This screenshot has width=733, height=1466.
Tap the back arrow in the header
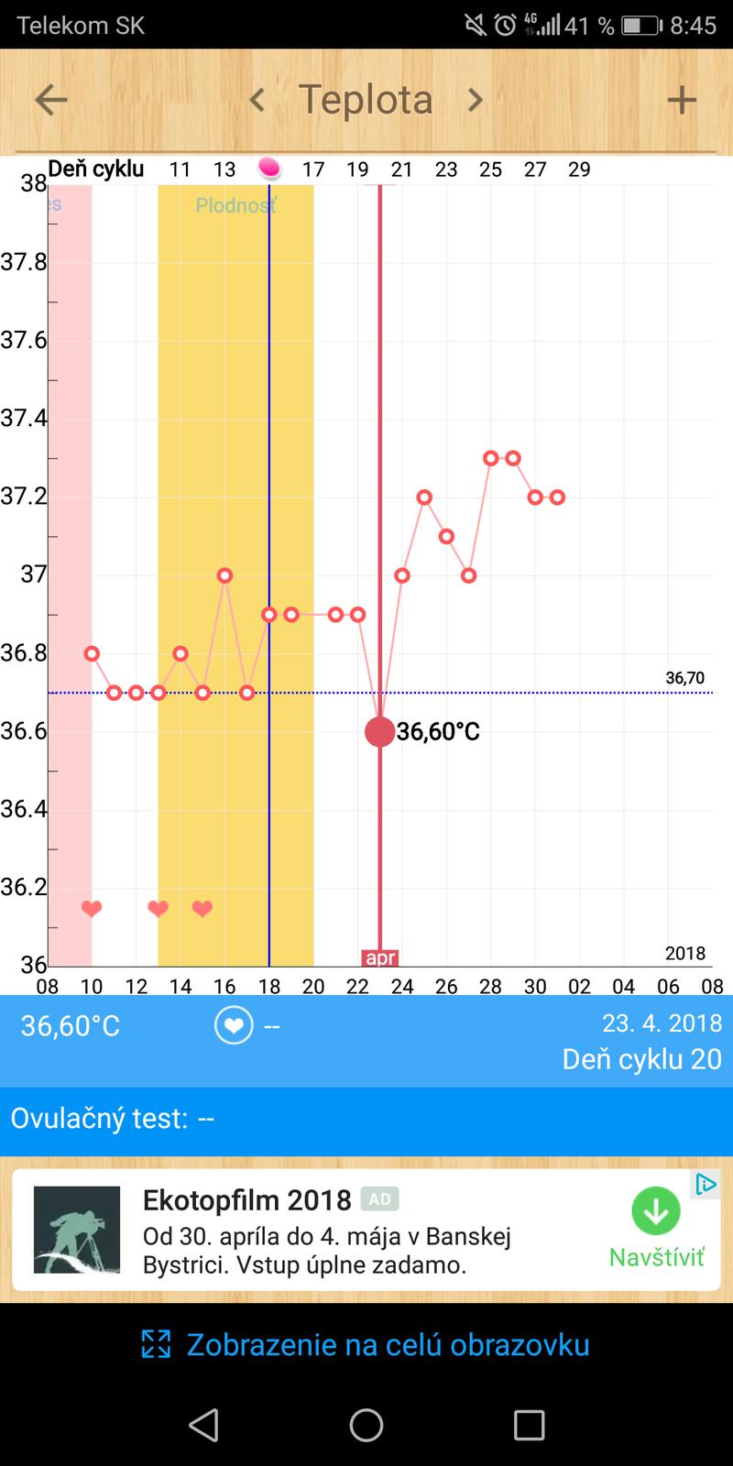pyautogui.click(x=50, y=100)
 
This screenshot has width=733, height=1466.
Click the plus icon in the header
pyautogui.click(x=681, y=100)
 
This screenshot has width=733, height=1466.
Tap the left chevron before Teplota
pyautogui.click(x=257, y=100)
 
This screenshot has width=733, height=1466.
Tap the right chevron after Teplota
pyautogui.click(x=475, y=100)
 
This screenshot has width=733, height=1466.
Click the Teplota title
pyautogui.click(x=366, y=100)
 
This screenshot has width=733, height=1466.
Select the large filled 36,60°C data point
pyautogui.click(x=379, y=731)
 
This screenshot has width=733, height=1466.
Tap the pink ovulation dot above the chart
pyautogui.click(x=268, y=168)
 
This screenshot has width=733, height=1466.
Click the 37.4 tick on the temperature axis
pyautogui.click(x=24, y=419)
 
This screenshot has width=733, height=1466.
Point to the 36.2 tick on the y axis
pyautogui.click(x=24, y=887)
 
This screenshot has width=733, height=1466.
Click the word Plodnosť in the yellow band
pyautogui.click(x=235, y=205)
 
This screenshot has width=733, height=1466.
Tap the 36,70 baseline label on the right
pyautogui.click(x=684, y=678)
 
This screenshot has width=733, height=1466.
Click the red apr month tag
pyautogui.click(x=379, y=958)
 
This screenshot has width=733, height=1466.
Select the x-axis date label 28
pyautogui.click(x=490, y=987)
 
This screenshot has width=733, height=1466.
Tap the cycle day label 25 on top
pyautogui.click(x=490, y=170)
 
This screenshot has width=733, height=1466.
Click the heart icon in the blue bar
pyautogui.click(x=234, y=1025)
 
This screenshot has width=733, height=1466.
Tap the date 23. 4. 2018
pyautogui.click(x=662, y=1023)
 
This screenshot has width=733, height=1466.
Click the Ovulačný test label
pyautogui.click(x=99, y=1119)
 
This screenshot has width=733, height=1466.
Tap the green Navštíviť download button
pyautogui.click(x=656, y=1211)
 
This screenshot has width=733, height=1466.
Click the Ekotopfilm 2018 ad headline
pyautogui.click(x=247, y=1200)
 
